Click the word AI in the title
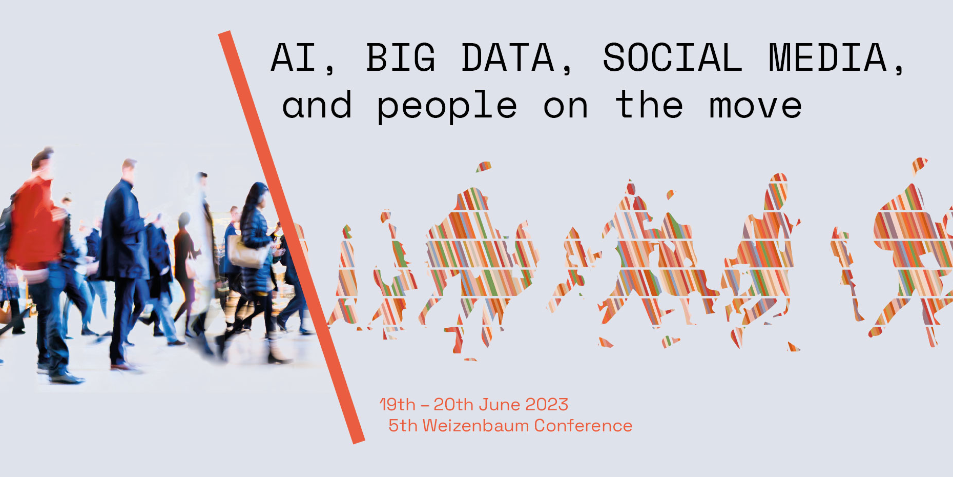point(294,57)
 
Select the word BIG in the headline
point(401,57)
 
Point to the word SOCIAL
point(673,57)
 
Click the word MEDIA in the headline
point(828,57)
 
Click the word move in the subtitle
point(756,106)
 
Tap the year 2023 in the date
point(547,405)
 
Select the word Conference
point(583,426)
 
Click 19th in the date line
point(397,405)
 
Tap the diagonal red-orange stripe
point(292,237)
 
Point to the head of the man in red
point(42,161)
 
